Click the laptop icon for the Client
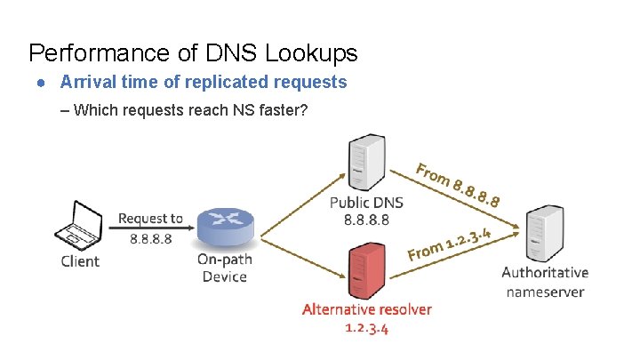(80, 225)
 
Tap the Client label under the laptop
(80, 261)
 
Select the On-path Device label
(223, 268)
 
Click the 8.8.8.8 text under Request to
(150, 238)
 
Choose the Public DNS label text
(365, 203)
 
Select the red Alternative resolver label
(366, 309)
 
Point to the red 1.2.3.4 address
(366, 328)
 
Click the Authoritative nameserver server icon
(543, 234)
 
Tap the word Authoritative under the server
(545, 273)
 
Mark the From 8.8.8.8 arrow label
(457, 185)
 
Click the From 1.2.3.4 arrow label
(451, 244)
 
